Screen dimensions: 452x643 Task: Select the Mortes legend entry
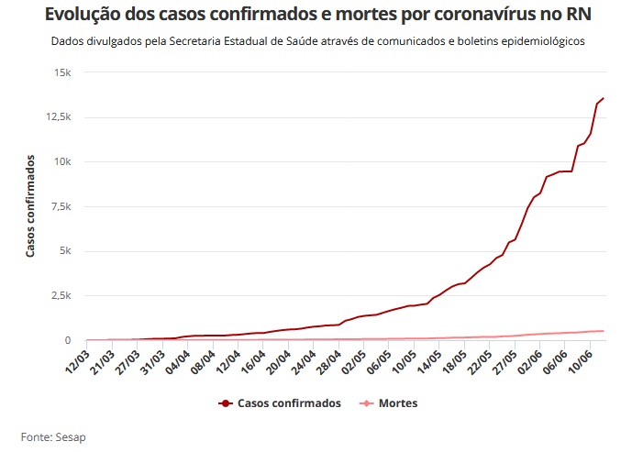pos(397,402)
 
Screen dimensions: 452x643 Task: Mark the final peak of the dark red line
pos(603,98)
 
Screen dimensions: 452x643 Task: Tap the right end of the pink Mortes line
pos(603,330)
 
